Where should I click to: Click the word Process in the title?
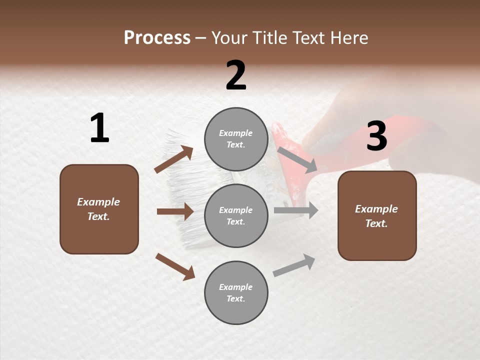point(157,37)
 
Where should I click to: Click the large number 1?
point(99,128)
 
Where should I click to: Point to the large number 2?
point(236,75)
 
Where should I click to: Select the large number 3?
point(376,136)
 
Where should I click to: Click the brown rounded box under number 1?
point(99,209)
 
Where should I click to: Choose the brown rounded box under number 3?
point(377,215)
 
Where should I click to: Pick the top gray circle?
point(236,139)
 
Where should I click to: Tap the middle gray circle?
point(236,215)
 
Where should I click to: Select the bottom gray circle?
point(236,292)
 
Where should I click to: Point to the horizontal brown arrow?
point(175,211)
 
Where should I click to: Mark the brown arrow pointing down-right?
point(175,266)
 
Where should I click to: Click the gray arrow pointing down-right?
point(297,159)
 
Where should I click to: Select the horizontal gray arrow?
point(295,210)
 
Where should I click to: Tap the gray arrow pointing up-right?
point(294,265)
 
